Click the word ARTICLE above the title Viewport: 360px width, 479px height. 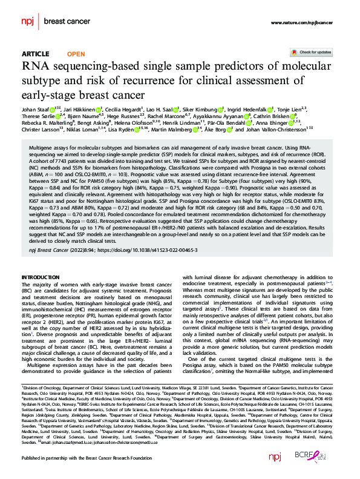[35, 53]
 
